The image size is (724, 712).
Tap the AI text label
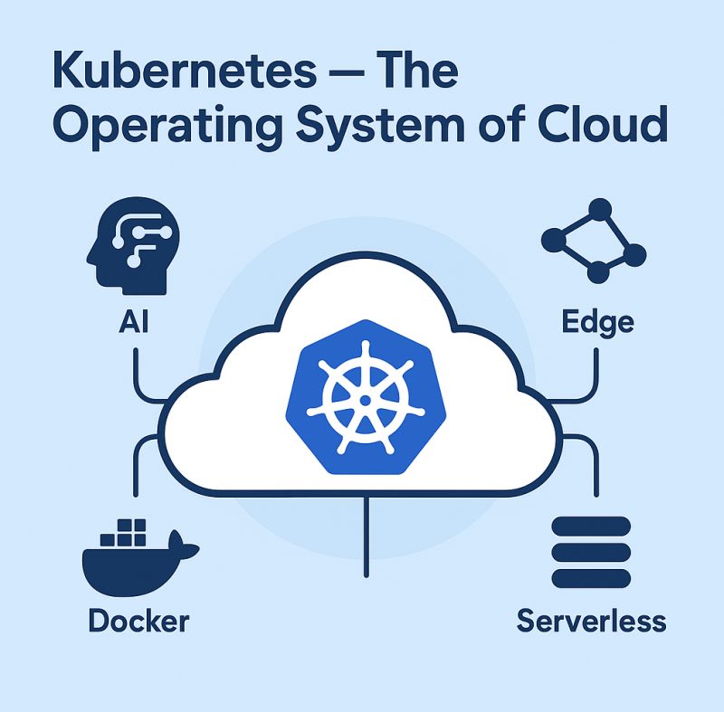(133, 322)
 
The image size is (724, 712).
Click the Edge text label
(596, 322)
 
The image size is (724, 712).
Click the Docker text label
(138, 622)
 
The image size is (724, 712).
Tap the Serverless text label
(591, 622)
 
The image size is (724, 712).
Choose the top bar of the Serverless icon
(591, 527)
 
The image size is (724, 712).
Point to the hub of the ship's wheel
(363, 398)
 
